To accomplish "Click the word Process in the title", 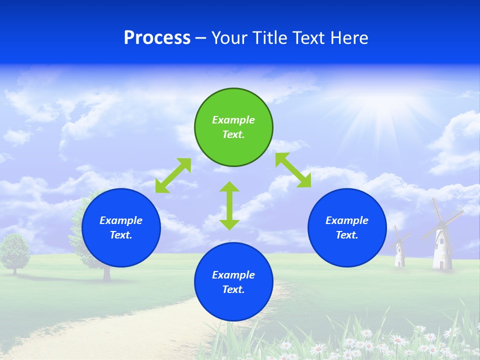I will (157, 38).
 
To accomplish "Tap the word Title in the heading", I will (270, 38).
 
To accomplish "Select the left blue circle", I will (121, 250).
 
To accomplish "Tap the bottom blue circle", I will (233, 305).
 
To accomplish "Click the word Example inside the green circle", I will (233, 120).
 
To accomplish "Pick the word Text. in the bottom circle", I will (233, 289).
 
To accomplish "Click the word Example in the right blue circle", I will (347, 220).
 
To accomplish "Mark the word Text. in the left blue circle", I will (121, 235).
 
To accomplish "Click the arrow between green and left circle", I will (173, 175).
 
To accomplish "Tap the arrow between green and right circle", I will (293, 170).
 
